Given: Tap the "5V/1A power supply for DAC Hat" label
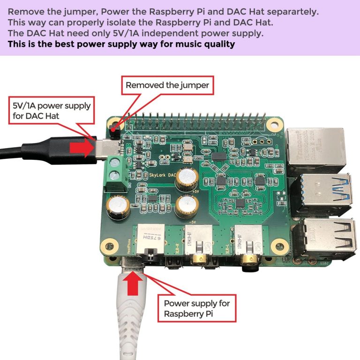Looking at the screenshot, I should tap(52, 111).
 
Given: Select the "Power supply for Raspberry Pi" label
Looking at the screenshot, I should tap(197, 308).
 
